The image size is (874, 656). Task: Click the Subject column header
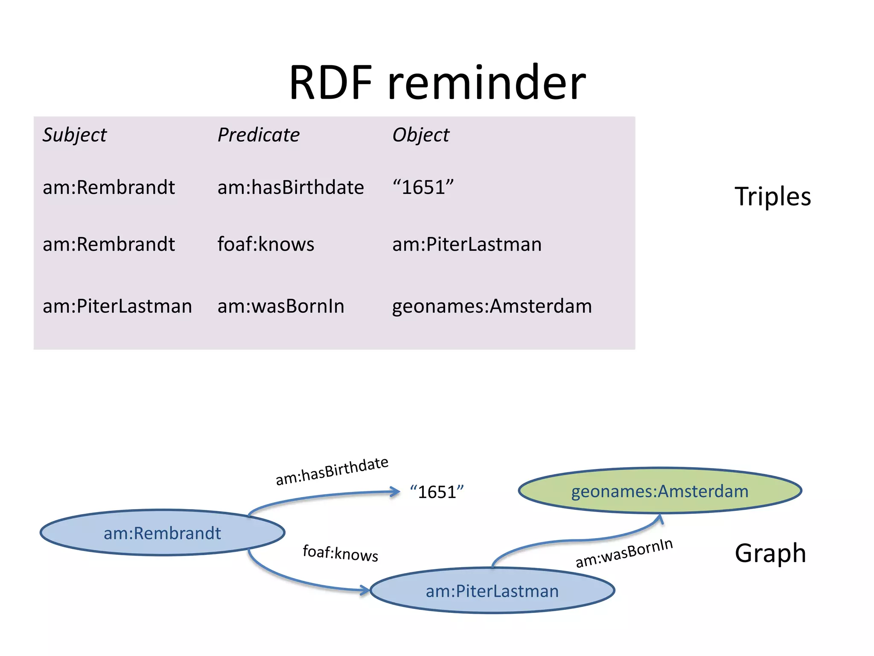75,135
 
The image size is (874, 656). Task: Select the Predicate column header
259,135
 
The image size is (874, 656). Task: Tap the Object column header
421,135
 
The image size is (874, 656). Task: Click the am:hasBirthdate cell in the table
291,187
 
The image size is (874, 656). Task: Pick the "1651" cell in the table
423,187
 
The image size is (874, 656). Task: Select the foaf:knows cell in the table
266,244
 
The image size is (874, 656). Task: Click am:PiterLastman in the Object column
467,244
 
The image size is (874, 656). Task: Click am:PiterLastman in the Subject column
117,306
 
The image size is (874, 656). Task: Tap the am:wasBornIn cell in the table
281,306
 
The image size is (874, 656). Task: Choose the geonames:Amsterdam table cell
492,306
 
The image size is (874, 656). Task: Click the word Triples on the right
772,196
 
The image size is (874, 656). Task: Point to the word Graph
770,553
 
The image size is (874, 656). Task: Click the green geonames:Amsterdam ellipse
660,491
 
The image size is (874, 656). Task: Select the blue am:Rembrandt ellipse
162,533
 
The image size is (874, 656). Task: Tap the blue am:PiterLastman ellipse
492,591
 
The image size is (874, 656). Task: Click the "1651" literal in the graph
437,492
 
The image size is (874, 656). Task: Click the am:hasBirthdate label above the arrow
332,471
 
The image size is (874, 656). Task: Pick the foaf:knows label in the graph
340,553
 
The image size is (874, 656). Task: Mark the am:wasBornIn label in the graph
624,553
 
